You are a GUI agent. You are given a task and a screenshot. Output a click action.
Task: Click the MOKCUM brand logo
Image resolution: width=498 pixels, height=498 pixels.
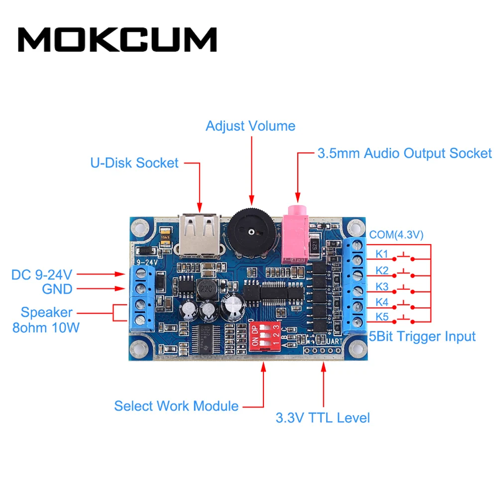click(x=118, y=39)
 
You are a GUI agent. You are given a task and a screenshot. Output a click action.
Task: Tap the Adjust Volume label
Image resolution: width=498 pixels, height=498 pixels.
click(x=250, y=126)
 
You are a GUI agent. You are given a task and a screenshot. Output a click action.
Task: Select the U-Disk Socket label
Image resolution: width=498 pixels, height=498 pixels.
click(x=134, y=163)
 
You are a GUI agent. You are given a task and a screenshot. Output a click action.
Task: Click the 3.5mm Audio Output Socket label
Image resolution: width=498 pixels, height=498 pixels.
click(x=404, y=153)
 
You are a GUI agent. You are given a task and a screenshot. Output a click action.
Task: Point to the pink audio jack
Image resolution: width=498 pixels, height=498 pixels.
click(x=296, y=237)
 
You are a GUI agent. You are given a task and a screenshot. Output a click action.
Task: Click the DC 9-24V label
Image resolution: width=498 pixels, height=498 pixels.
click(x=42, y=274)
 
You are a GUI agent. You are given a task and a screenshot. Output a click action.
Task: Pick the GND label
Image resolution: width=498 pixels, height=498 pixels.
click(x=57, y=289)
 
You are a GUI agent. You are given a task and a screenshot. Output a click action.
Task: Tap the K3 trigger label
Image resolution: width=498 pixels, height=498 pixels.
click(x=382, y=286)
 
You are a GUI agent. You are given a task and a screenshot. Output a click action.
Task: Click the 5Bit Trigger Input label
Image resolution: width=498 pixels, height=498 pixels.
click(x=422, y=337)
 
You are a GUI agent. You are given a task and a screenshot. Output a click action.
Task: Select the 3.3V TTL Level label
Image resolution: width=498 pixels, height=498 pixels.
click(x=323, y=417)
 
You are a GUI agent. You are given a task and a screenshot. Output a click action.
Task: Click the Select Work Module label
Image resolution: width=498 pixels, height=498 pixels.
click(x=176, y=406)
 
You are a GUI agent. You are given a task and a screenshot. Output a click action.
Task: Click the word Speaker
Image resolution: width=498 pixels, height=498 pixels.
click(x=46, y=312)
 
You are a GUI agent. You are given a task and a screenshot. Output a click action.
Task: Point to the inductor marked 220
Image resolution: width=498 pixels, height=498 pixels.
click(x=204, y=290)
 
